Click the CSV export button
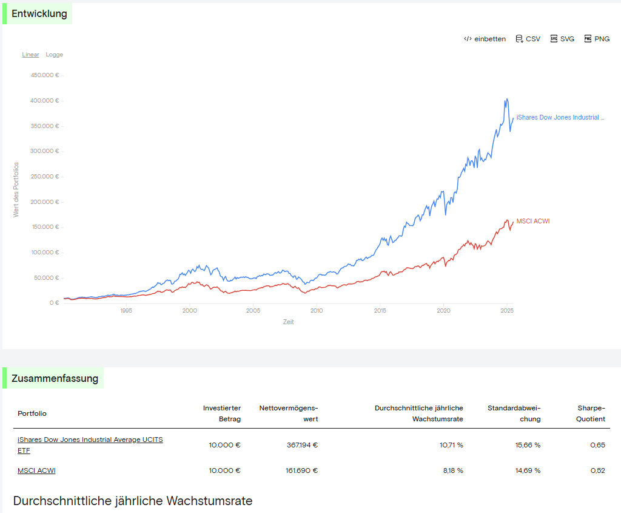point(528,39)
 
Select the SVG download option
point(562,39)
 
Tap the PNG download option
point(597,39)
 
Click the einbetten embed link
point(485,39)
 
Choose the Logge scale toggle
point(55,55)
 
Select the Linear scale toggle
point(30,55)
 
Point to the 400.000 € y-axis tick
point(44,101)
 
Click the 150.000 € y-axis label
point(44,227)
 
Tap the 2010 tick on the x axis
point(317,311)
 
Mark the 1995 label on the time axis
point(126,311)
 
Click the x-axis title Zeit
point(288,322)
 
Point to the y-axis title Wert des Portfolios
point(16,189)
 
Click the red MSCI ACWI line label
point(533,221)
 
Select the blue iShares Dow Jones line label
point(560,117)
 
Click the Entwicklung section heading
point(39,14)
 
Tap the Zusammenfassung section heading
point(55,379)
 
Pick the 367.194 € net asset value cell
point(302,445)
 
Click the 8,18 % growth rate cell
point(451,471)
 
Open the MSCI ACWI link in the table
point(36,471)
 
